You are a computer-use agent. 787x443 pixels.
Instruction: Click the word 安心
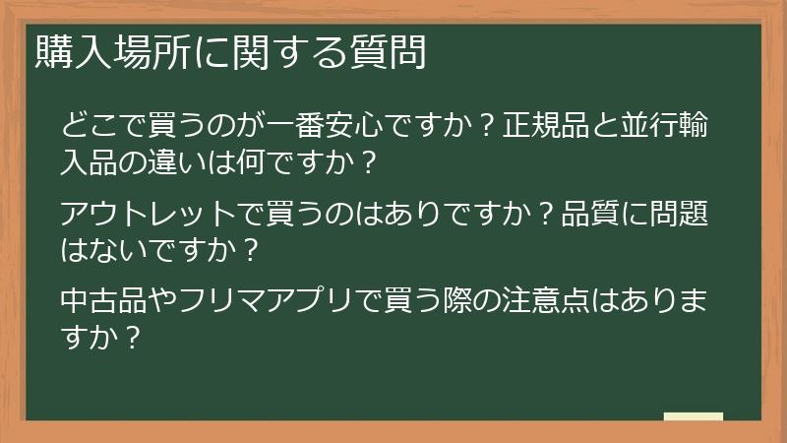click(x=350, y=128)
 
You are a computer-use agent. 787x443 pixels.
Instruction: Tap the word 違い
click(x=189, y=160)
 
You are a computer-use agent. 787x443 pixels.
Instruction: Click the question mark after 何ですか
click(x=369, y=160)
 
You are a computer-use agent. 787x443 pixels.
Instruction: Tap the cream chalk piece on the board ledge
click(x=693, y=416)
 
